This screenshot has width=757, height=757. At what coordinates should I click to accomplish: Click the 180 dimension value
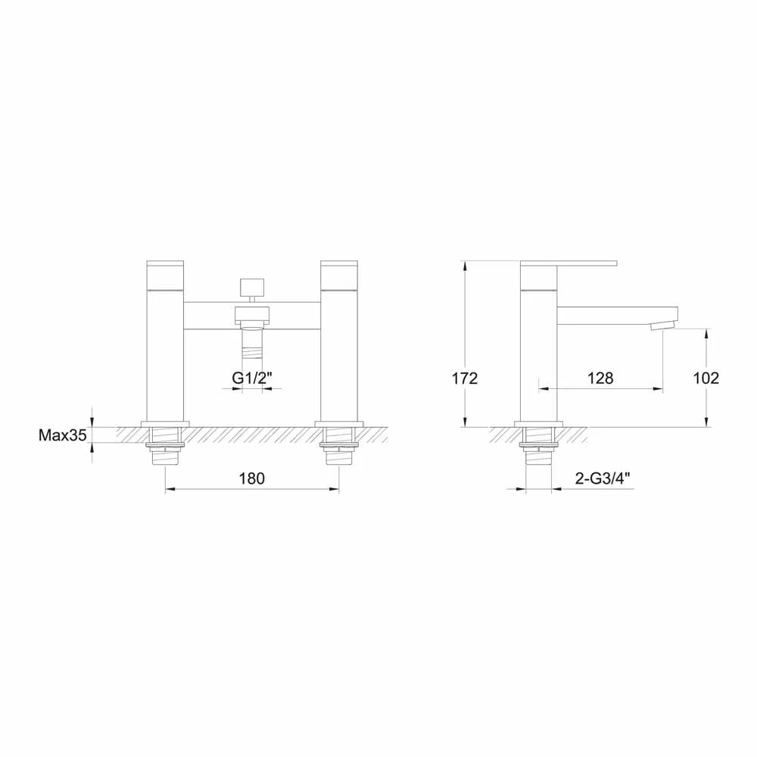point(251,478)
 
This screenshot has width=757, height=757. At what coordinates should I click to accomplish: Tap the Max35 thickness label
point(63,435)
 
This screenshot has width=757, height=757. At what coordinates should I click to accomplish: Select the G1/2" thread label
point(251,378)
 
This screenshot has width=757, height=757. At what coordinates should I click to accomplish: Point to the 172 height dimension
point(465,378)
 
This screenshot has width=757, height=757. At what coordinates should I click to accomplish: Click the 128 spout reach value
point(600,378)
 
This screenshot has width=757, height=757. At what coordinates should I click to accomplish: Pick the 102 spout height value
point(706,378)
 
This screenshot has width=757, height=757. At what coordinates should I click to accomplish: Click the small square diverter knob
point(251,288)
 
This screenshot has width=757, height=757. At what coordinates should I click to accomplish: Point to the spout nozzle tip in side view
point(663,326)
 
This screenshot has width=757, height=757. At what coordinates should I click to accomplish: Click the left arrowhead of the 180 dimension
point(169,491)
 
